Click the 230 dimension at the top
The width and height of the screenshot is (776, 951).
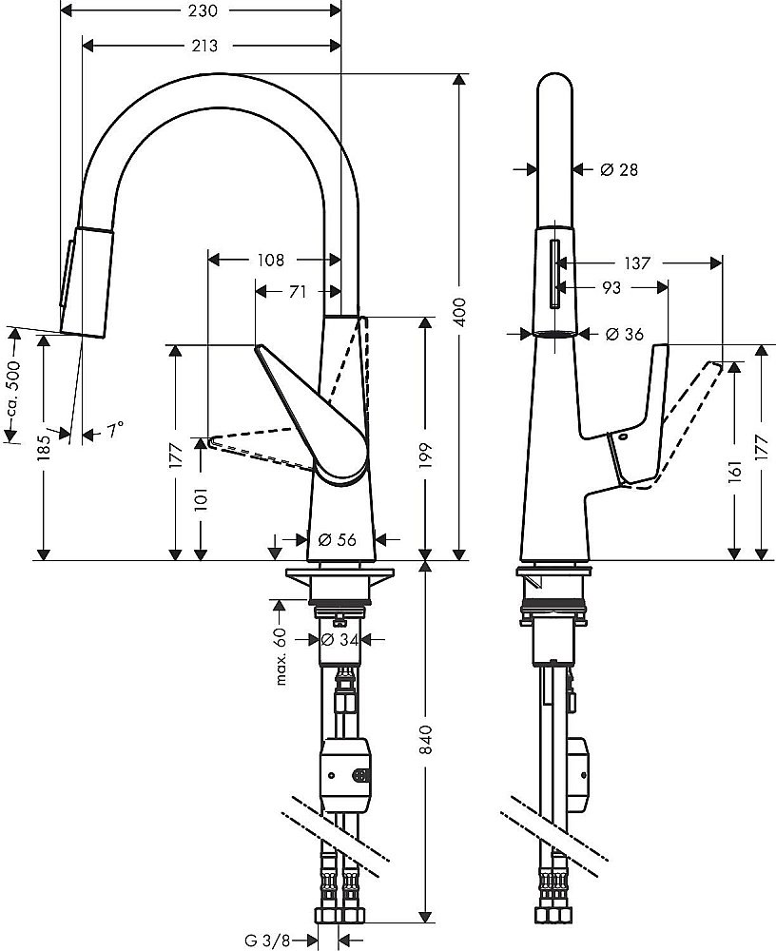[202, 11]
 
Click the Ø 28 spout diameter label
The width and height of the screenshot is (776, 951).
[619, 169]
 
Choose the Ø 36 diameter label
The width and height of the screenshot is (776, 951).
[624, 334]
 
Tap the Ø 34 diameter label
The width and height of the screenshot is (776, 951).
[339, 640]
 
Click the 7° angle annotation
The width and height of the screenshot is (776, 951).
[113, 431]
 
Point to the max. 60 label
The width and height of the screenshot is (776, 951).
[281, 656]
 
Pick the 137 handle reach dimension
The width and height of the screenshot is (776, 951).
[636, 263]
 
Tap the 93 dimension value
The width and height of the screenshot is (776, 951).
[611, 286]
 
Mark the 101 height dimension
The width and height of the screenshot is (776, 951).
[201, 496]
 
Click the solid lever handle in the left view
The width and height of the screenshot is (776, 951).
[314, 414]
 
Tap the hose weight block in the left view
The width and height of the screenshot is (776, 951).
[350, 773]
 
